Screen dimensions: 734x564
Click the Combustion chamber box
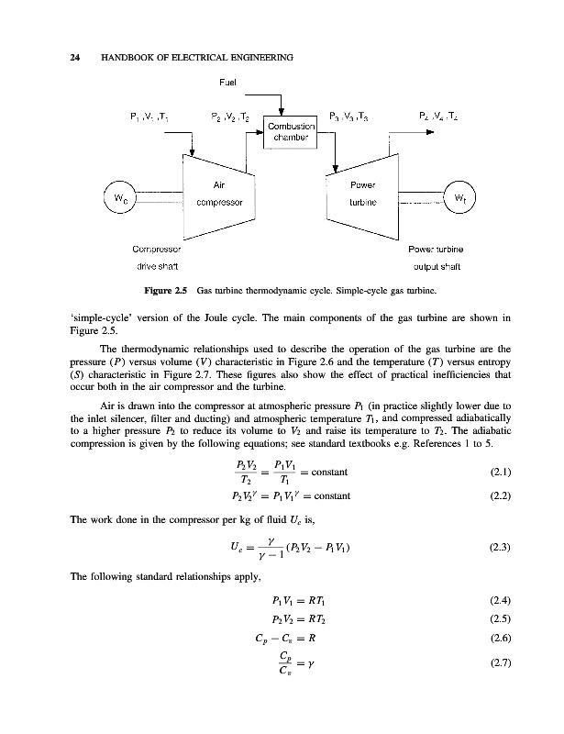pos(291,131)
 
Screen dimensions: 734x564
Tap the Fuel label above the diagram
pos(228,82)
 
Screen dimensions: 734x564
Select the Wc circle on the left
pos(120,200)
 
